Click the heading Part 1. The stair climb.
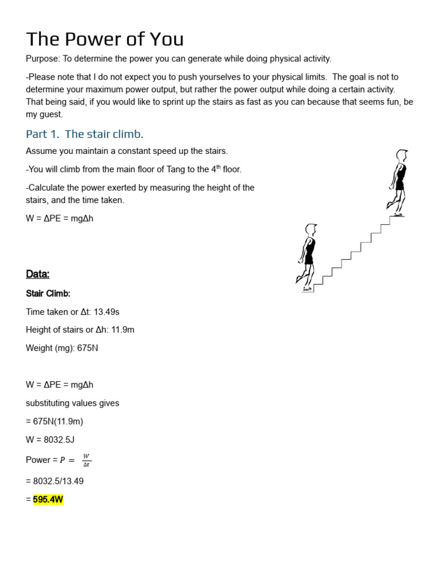[x=85, y=134]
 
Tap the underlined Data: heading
[x=38, y=274]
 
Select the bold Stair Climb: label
[x=48, y=294]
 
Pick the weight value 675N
[x=87, y=348]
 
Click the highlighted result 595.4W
[x=48, y=500]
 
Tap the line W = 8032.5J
[x=50, y=439]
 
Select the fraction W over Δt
[x=87, y=460]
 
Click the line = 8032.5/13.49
[x=55, y=481]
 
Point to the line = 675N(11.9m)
[x=54, y=421]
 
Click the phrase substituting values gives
[x=73, y=403]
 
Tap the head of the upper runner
[x=402, y=155]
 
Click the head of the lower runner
[x=311, y=230]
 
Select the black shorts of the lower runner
[x=309, y=259]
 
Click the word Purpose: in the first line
[x=44, y=59]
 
